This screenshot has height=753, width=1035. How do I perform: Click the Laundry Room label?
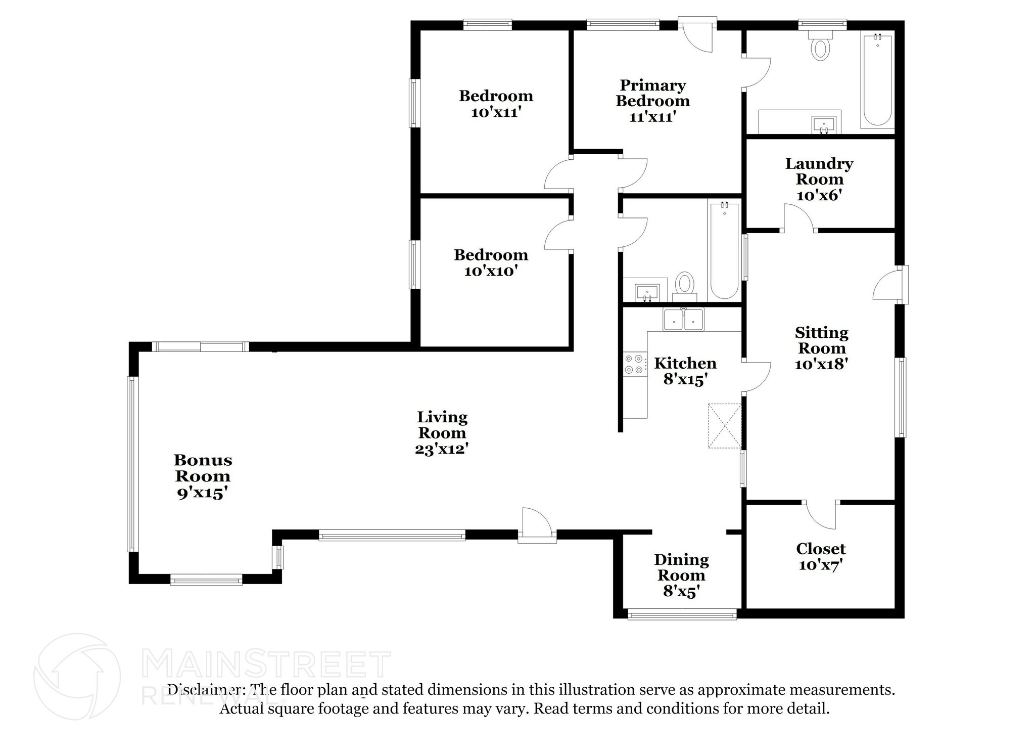[x=819, y=179]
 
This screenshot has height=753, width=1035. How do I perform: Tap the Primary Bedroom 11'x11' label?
[x=652, y=101]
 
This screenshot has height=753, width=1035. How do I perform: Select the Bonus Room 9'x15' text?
[x=202, y=476]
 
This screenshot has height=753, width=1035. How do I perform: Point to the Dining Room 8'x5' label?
[x=681, y=575]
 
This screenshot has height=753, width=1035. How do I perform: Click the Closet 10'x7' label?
[x=821, y=556]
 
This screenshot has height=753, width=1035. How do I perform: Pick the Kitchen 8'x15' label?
[x=685, y=371]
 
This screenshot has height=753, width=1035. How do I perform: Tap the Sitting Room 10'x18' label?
[x=821, y=348]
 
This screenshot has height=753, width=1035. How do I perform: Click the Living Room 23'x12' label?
[x=442, y=433]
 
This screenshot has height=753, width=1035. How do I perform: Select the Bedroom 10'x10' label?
[x=491, y=262]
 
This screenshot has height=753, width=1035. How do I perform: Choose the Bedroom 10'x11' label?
[x=496, y=104]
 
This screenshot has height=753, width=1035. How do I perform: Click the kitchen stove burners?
[x=635, y=364]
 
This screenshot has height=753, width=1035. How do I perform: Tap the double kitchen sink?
[x=683, y=320]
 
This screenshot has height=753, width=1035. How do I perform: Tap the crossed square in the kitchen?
[x=725, y=425]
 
